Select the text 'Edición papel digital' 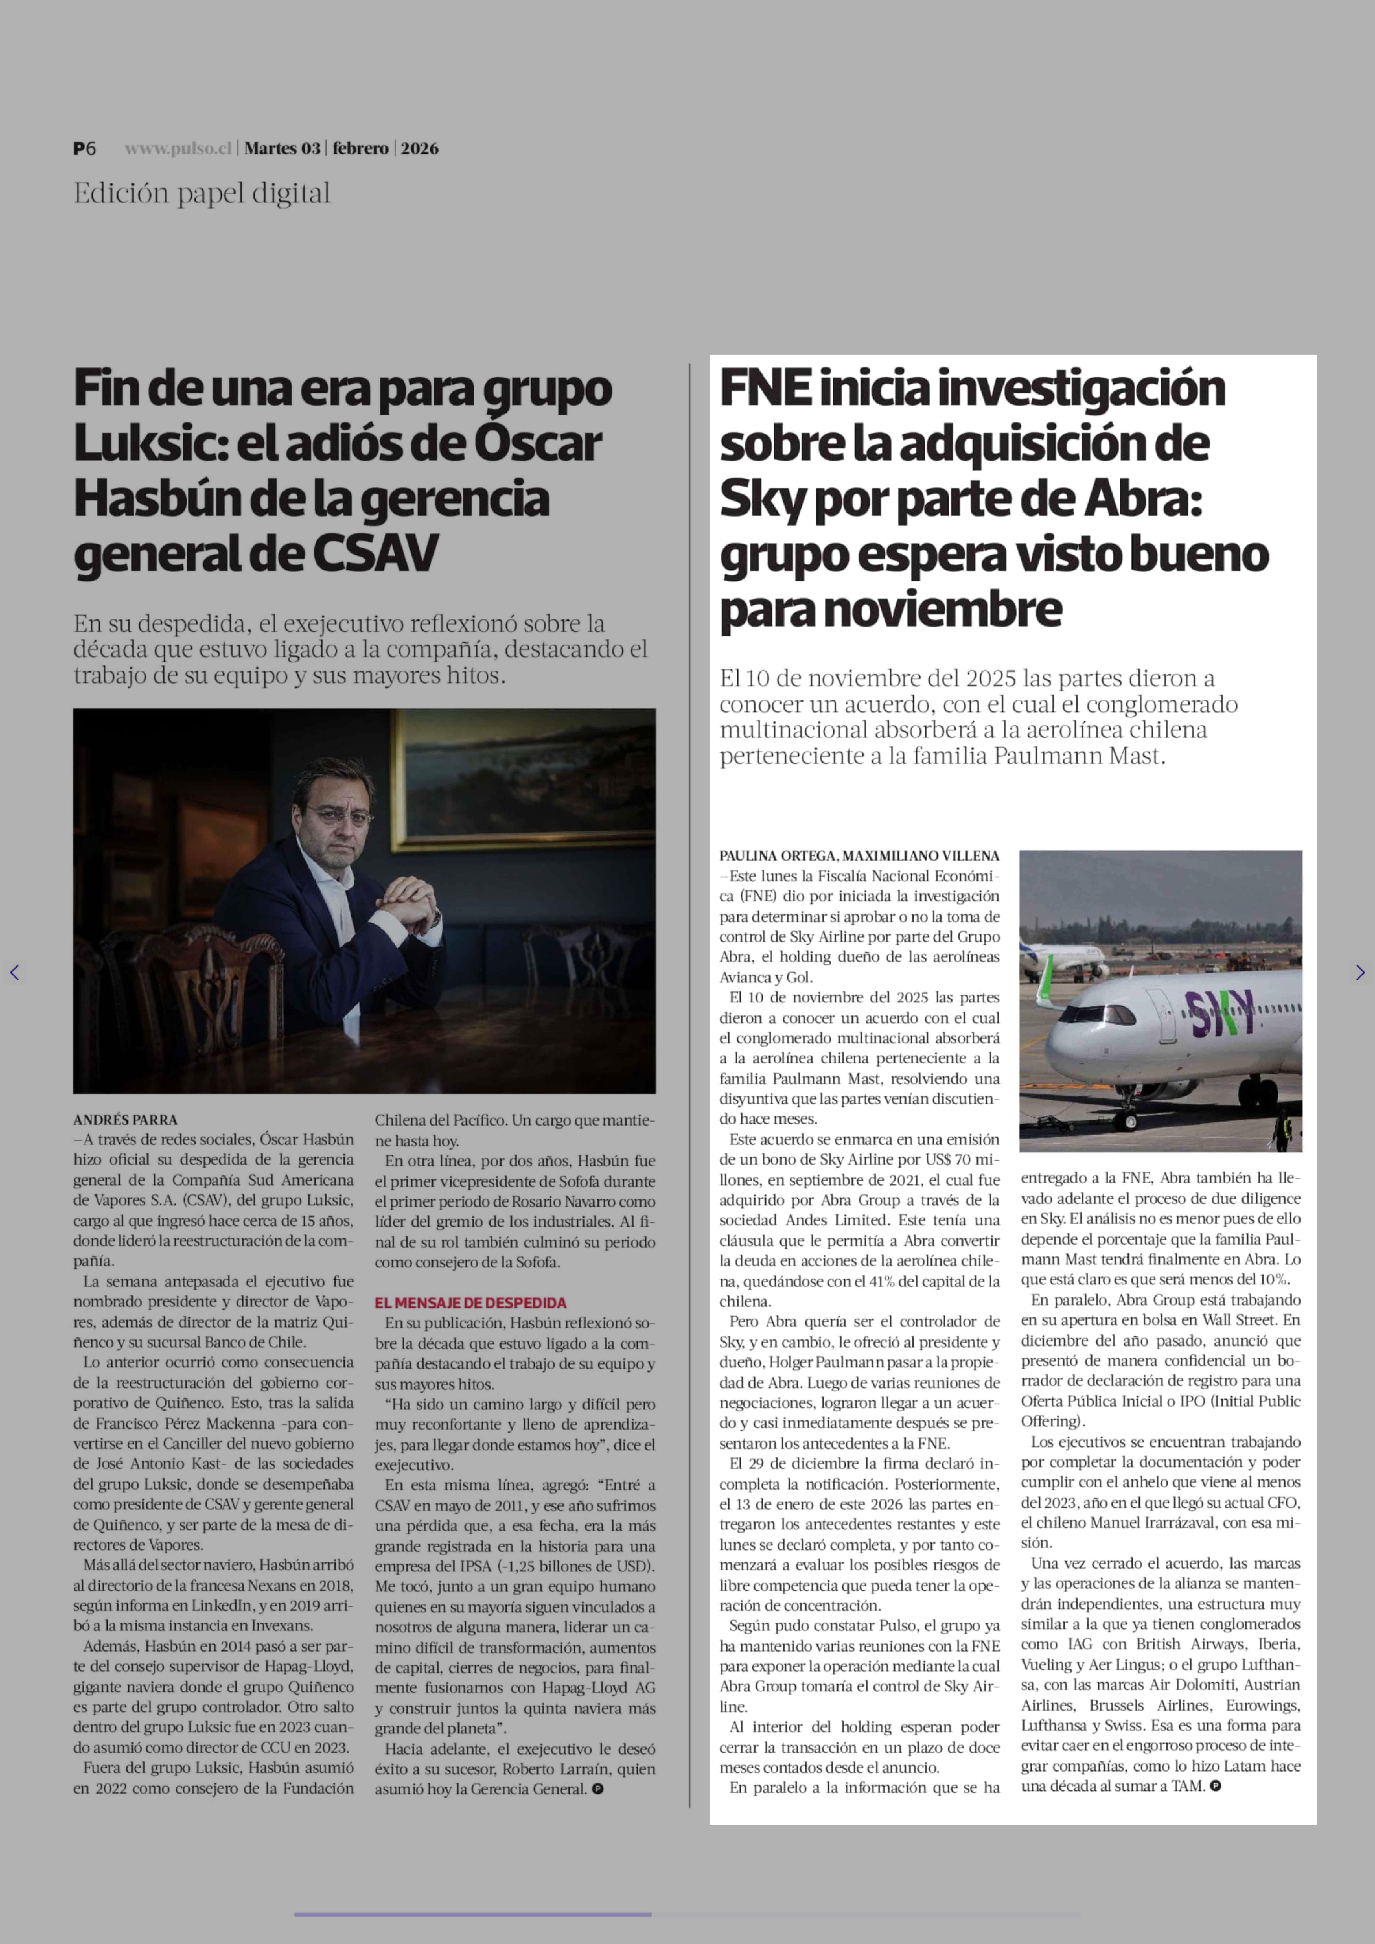coord(202,194)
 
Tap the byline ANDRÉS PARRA coord(125,1119)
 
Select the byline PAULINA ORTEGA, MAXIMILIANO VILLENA coord(858,856)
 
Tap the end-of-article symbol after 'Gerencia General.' coord(598,1788)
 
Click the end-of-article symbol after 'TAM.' coord(1216,1786)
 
